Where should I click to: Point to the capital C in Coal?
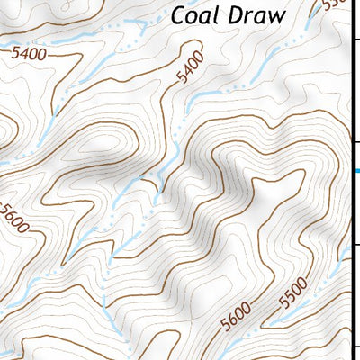179,15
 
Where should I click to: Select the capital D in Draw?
236,15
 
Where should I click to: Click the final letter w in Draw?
274,16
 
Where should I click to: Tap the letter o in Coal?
193,17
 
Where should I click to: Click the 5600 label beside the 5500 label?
236,317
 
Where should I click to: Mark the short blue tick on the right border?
357,171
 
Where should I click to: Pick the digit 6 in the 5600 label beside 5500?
230,319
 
